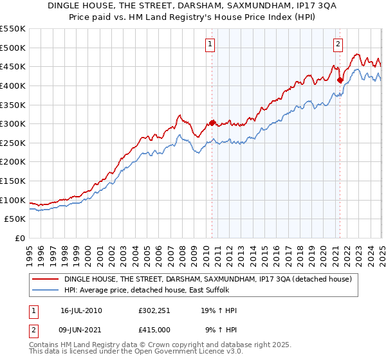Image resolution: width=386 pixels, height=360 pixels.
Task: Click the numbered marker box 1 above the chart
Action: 211,44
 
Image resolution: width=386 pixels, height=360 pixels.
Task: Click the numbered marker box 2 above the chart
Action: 338,44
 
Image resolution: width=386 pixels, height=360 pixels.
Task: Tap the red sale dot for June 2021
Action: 340,80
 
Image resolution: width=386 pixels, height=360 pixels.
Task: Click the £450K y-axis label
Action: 14,66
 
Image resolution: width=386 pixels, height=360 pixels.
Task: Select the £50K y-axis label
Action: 15,219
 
